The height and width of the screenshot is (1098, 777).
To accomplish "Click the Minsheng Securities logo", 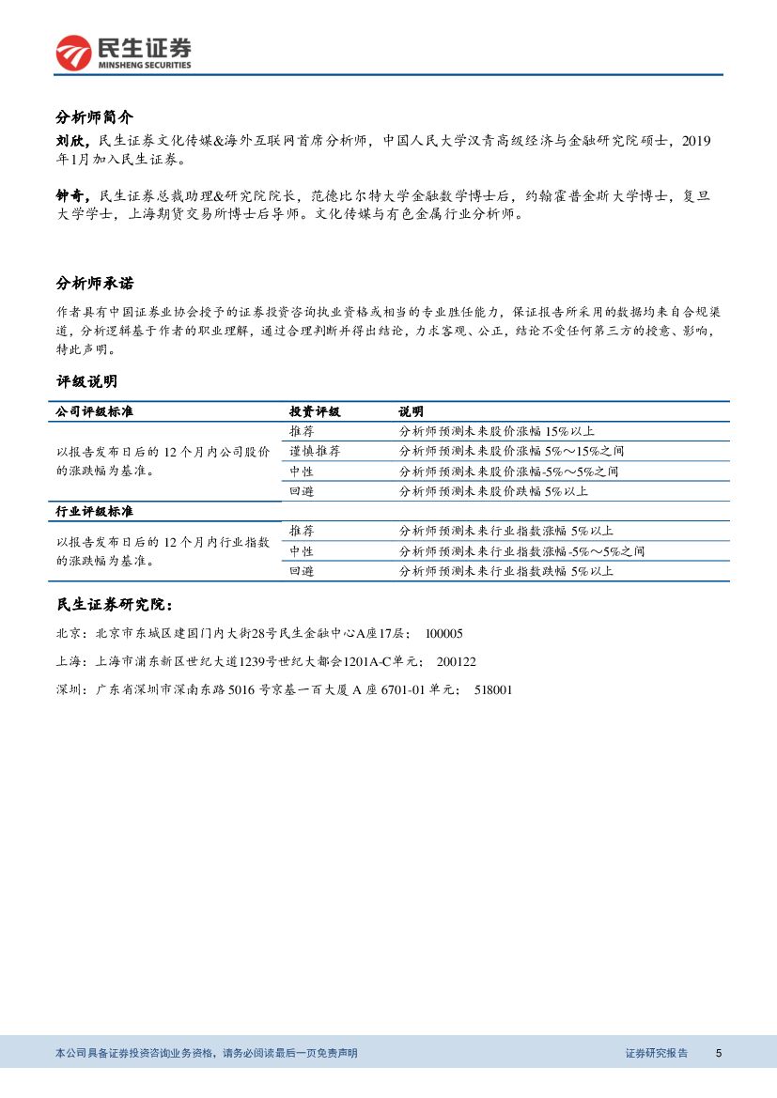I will [123, 52].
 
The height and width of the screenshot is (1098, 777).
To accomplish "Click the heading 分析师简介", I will [95, 117].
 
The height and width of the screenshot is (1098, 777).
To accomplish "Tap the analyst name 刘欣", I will [70, 142].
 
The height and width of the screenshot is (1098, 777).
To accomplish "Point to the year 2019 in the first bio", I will [696, 142].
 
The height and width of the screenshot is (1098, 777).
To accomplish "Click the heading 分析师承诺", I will [95, 284].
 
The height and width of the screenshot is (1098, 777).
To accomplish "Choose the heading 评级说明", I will [86, 381].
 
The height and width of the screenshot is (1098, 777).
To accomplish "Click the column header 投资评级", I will [315, 411].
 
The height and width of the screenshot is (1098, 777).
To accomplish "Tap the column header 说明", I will [411, 411].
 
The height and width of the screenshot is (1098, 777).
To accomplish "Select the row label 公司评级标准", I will [95, 411].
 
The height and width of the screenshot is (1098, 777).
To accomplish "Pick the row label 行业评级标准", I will [95, 511].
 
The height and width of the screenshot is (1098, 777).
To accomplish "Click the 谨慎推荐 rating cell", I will [315, 452].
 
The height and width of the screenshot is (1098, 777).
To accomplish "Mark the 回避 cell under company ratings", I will [302, 491].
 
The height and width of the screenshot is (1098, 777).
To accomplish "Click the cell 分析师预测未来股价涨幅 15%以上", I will [497, 431].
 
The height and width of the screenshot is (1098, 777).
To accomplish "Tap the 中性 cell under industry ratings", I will [302, 551].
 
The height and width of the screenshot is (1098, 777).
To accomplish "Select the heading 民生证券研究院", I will [114, 604].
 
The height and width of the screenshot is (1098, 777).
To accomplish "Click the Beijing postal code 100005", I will [443, 634].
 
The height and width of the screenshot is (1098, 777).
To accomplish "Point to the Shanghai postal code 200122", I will [457, 662].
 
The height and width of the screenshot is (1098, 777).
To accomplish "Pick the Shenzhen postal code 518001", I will [493, 690].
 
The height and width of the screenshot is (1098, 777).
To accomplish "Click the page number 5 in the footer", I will [719, 1053].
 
